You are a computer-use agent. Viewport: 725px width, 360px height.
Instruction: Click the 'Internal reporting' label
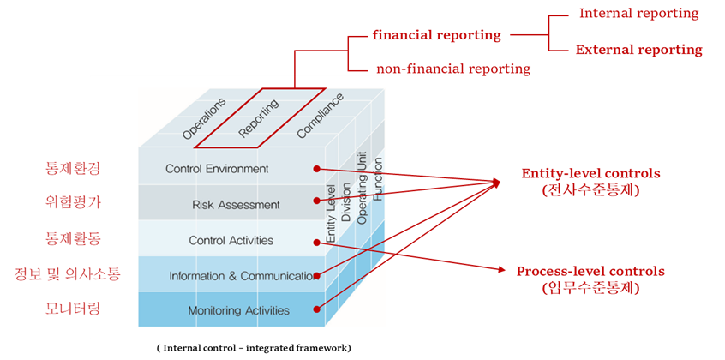pyautogui.click(x=638, y=14)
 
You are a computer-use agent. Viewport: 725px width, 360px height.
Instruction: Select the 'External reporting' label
pyautogui.click(x=638, y=50)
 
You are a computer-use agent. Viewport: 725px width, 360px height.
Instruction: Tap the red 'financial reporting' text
pyautogui.click(x=436, y=35)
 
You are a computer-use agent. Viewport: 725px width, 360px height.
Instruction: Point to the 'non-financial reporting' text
pyautogui.click(x=453, y=69)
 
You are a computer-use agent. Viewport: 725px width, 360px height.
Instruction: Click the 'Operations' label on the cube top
pyautogui.click(x=204, y=118)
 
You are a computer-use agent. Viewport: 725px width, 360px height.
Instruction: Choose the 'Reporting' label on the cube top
pyautogui.click(x=258, y=118)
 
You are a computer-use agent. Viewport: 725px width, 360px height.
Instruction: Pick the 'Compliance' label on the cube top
pyautogui.click(x=320, y=116)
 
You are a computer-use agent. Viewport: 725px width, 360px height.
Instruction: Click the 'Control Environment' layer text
pyautogui.click(x=217, y=169)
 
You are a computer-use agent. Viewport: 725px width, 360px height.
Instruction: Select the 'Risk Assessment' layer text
pyautogui.click(x=224, y=205)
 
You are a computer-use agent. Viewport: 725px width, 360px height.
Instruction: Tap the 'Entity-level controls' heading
pyautogui.click(x=591, y=174)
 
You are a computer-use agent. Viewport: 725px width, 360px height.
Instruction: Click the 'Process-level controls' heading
pyautogui.click(x=590, y=271)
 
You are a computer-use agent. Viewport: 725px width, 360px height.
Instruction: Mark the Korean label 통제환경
pyautogui.click(x=72, y=169)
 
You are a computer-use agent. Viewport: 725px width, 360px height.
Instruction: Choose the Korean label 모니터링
pyautogui.click(x=72, y=308)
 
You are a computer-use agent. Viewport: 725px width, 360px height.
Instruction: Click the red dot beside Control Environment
pyautogui.click(x=316, y=169)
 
